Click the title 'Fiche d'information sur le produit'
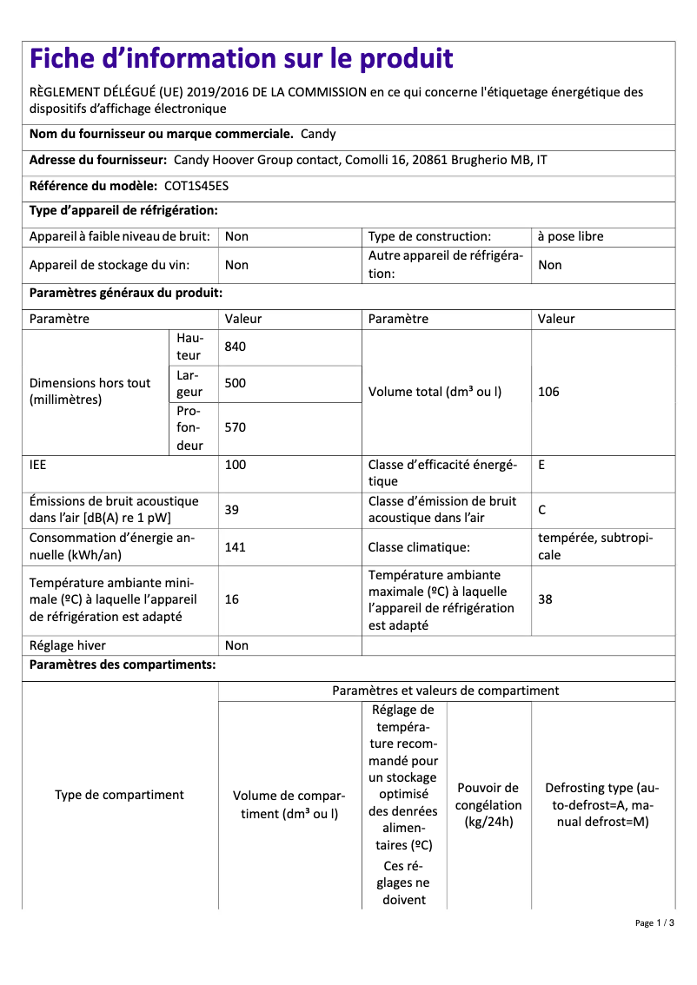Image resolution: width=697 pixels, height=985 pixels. [x=242, y=59]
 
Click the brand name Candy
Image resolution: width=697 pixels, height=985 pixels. [x=318, y=134]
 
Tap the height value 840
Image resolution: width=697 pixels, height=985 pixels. [x=236, y=347]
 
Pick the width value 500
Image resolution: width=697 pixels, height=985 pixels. [x=236, y=383]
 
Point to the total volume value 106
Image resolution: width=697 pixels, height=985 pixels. [x=548, y=392]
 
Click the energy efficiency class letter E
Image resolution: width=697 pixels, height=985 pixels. [x=541, y=465]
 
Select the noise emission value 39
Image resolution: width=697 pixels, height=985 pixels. [x=232, y=510]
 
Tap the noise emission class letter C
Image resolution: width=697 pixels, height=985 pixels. [x=542, y=510]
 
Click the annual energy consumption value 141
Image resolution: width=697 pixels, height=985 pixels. [x=236, y=546]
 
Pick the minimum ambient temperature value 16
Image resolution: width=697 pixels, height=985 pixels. [x=232, y=599]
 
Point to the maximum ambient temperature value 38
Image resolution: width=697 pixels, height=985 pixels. [x=545, y=599]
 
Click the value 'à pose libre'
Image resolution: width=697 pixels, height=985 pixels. [x=570, y=236]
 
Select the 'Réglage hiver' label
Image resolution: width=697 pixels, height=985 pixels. [x=68, y=645]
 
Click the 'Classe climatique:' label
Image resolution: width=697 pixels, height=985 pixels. [x=419, y=546]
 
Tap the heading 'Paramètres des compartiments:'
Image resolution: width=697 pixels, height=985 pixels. [x=123, y=665]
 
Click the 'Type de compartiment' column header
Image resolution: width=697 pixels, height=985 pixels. [x=119, y=795]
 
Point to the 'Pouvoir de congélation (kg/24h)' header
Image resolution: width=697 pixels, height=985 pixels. [x=488, y=804]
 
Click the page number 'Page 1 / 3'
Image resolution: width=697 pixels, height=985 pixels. [x=654, y=922]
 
